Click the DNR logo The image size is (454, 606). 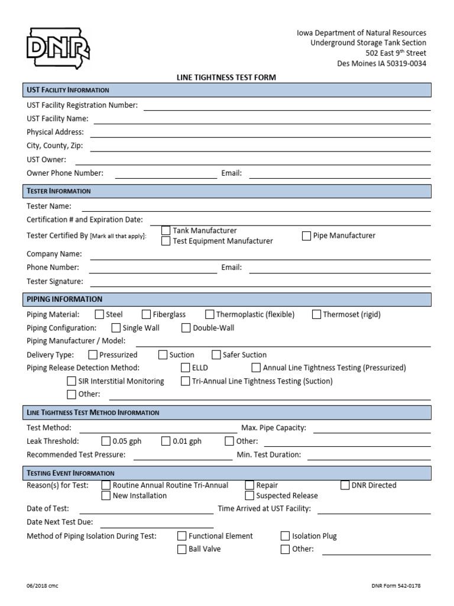(57, 48)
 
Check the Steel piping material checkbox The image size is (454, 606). (99, 314)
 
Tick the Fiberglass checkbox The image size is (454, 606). (146, 314)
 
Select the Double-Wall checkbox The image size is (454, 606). (186, 328)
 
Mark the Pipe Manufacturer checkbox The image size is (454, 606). (306, 236)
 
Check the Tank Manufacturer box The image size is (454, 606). (166, 230)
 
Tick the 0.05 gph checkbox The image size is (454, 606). (106, 441)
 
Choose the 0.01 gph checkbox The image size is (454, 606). (166, 441)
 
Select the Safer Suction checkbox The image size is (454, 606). (216, 354)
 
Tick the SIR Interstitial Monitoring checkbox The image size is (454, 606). (72, 381)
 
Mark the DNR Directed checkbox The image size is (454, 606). (345, 485)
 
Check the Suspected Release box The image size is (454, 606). (249, 496)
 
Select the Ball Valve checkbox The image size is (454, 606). (182, 549)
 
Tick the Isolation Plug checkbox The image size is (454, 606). (285, 536)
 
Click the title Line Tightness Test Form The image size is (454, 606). (226, 78)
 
